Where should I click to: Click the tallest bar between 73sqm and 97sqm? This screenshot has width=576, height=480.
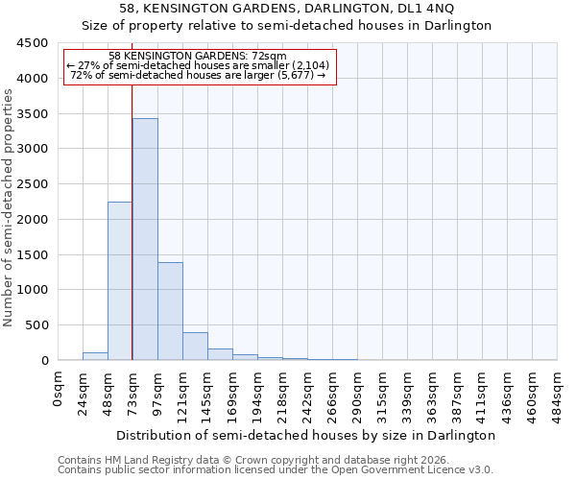tap(145, 239)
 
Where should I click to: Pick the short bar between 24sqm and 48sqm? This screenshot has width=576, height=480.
tap(95, 356)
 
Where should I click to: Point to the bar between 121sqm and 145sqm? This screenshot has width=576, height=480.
tap(195, 347)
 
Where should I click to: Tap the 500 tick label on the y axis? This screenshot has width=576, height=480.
tap(36, 325)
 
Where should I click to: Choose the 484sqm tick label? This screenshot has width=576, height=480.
tap(558, 394)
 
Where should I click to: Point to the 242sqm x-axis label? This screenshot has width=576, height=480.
tap(308, 394)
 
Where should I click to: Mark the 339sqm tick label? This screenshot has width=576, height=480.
tap(408, 394)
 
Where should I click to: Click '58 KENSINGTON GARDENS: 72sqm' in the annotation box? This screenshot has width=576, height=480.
tap(198, 57)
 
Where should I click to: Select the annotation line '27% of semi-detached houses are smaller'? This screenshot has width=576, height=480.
tap(198, 65)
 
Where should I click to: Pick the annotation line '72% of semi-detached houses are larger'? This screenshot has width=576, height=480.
tap(198, 75)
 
